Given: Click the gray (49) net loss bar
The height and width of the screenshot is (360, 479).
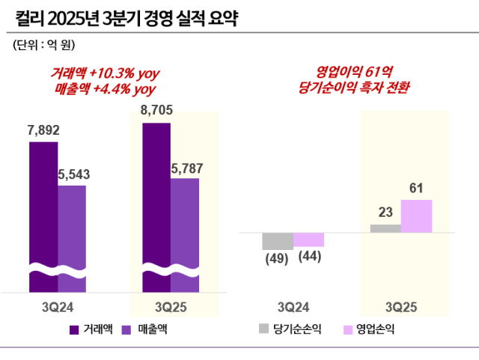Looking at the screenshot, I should [277, 241].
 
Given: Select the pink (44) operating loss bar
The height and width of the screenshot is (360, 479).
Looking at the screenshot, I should [308, 240].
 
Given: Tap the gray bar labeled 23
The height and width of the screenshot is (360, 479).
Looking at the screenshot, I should [385, 228].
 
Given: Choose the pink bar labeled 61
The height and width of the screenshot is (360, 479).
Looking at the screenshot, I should [416, 216].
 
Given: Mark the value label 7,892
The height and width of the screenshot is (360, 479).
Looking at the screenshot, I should [43, 129].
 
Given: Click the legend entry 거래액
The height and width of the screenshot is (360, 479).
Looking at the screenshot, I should [91, 329].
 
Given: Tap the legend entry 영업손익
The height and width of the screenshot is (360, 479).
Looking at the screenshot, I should [373, 329].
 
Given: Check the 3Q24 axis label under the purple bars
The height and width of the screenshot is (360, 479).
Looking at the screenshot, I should [58, 307].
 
